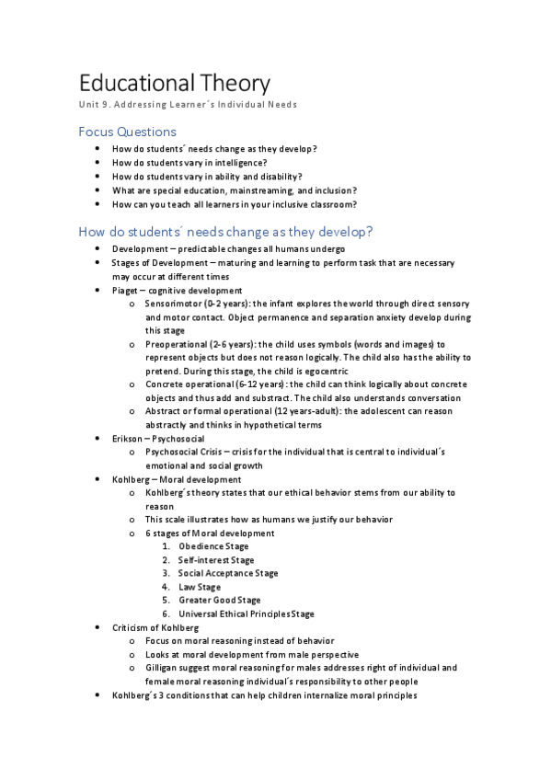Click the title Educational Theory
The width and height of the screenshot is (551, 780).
(174, 83)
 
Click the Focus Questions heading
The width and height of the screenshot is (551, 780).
(127, 132)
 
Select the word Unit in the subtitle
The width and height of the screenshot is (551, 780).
(89, 105)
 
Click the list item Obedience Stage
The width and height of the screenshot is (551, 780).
(213, 546)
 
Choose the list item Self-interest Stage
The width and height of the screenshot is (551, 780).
(216, 559)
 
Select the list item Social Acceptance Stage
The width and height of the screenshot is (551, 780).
(228, 573)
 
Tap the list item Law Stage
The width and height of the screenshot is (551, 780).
(200, 587)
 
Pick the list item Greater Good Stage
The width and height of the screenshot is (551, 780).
(219, 600)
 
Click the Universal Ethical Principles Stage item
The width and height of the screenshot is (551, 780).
(247, 614)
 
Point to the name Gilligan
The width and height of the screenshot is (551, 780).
(163, 668)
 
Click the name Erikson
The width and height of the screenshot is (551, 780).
(129, 439)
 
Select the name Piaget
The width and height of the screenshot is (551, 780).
(126, 290)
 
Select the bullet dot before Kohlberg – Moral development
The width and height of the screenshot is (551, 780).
(99, 479)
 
